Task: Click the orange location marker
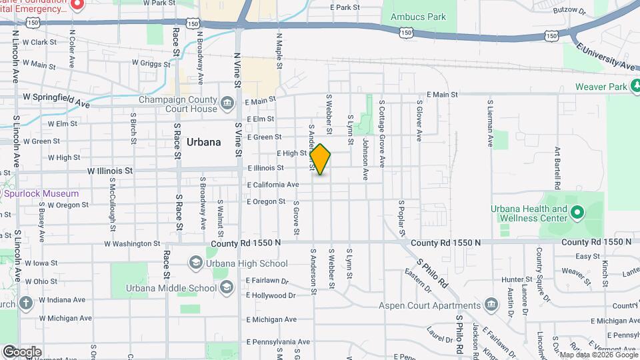tap(321, 159)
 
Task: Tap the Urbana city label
tap(203, 142)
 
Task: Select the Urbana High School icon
tap(196, 263)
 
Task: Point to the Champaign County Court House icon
tap(228, 104)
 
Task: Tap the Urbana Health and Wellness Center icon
tap(577, 213)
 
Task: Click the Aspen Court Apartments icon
tap(491, 305)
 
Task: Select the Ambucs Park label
tap(419, 17)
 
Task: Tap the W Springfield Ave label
tap(56, 100)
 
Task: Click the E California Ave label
tap(273, 185)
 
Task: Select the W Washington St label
tap(133, 244)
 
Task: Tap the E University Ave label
tap(606, 57)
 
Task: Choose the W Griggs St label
tap(151, 63)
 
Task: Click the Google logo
tap(22, 352)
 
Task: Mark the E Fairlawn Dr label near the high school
tap(267, 281)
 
